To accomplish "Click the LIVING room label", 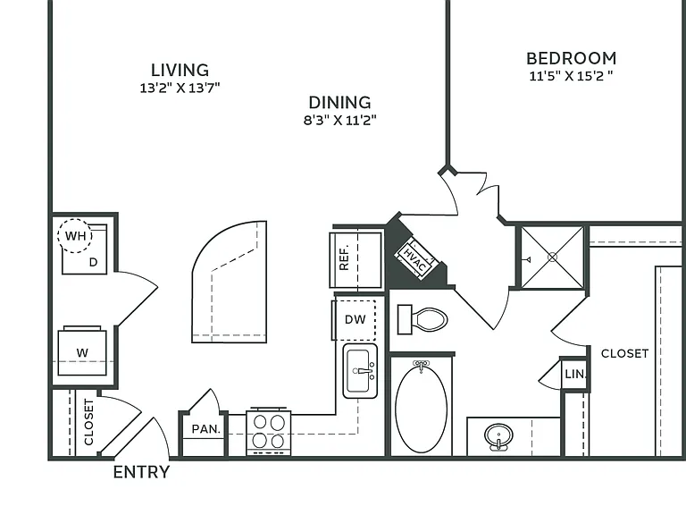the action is click(x=180, y=70).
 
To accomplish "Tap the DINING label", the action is click(x=340, y=103).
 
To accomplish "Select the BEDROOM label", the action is click(x=572, y=58).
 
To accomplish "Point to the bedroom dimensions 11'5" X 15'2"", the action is click(x=571, y=76).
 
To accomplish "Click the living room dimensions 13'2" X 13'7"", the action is click(x=180, y=88).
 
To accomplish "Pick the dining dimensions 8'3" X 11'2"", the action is click(x=340, y=120).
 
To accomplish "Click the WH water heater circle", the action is click(x=75, y=236).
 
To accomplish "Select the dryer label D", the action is click(x=93, y=262).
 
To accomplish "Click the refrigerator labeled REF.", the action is click(x=356, y=259).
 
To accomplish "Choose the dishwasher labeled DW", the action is click(x=355, y=320).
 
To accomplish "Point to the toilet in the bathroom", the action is click(x=422, y=320).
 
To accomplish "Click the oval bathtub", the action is click(x=422, y=409).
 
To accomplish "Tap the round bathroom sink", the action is click(x=498, y=436).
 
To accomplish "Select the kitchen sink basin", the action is click(x=360, y=371).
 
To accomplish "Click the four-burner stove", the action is click(x=269, y=431).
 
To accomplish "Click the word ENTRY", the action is click(x=141, y=472).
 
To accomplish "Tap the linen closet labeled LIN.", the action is click(x=575, y=374).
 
